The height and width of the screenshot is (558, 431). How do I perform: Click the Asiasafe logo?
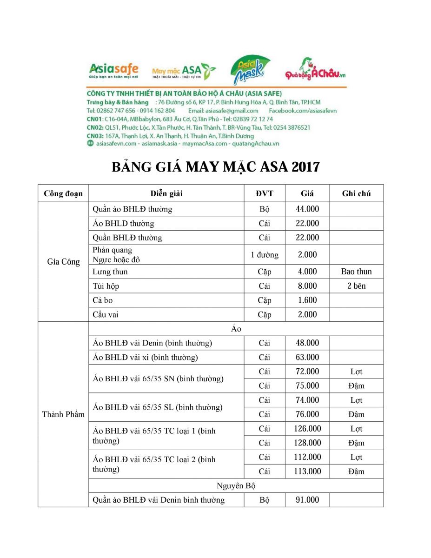click(113, 71)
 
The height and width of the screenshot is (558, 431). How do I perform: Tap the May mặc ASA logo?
click(184, 71)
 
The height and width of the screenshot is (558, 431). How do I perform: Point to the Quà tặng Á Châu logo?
click(316, 70)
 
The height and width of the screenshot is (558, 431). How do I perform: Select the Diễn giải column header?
click(166, 194)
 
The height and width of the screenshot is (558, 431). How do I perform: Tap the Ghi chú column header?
click(356, 194)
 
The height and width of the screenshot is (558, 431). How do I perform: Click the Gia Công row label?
click(64, 262)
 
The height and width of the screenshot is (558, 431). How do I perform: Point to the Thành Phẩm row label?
click(64, 414)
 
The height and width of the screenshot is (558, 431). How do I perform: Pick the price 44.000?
click(307, 209)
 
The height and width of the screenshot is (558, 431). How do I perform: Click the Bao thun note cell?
click(356, 272)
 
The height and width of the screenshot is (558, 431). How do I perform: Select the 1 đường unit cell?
click(265, 255)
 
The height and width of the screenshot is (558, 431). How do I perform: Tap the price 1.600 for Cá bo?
click(307, 300)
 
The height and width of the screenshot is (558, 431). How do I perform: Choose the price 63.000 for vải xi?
click(307, 358)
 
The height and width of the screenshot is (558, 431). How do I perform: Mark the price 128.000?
click(307, 443)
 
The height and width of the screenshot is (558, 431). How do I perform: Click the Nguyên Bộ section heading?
click(236, 486)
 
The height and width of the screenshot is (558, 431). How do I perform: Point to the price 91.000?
click(307, 500)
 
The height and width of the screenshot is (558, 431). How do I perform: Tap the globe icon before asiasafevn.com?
click(90, 144)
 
